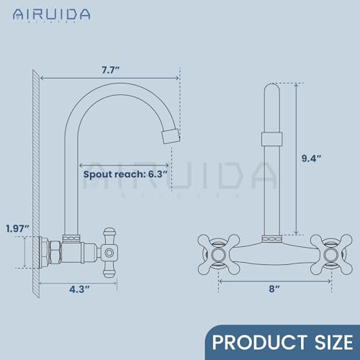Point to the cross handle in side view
coord(109,251)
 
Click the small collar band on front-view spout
coord(271,140)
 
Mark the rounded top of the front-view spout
coord(271,90)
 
